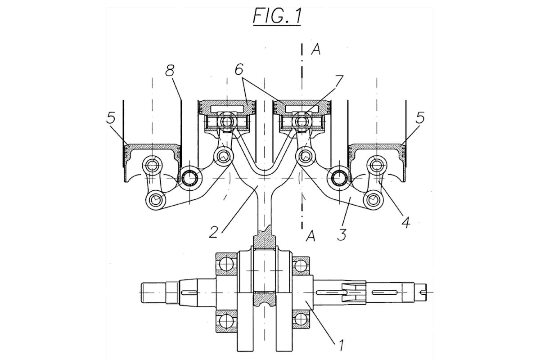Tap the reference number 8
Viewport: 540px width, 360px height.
(171, 72)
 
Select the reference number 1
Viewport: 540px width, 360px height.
(341, 346)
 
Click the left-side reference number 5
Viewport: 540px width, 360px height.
(112, 118)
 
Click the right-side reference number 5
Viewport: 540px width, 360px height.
(420, 118)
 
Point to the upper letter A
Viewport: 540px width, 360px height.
(316, 50)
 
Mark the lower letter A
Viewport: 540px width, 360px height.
(310, 235)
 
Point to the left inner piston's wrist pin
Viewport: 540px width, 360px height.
(228, 121)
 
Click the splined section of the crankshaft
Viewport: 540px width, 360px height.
(353, 291)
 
